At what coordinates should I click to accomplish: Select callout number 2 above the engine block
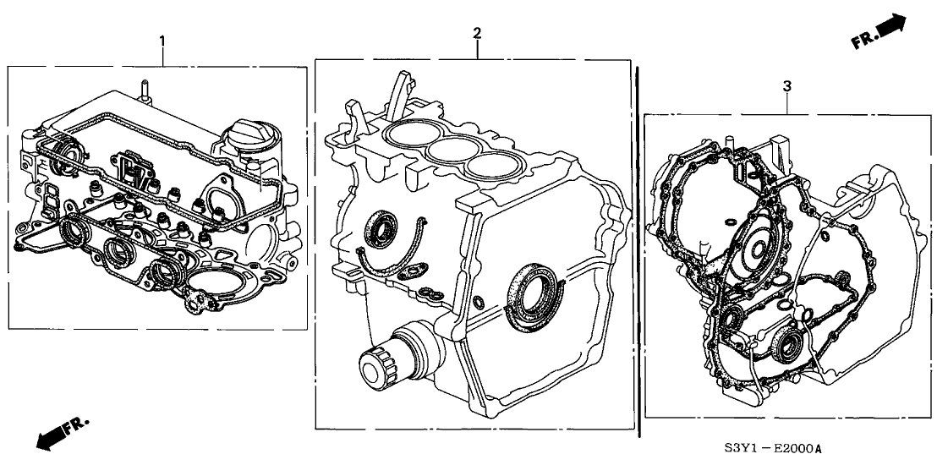pyautogui.click(x=477, y=33)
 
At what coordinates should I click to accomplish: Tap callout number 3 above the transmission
pyautogui.click(x=787, y=86)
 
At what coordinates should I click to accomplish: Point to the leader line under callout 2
pyautogui.click(x=477, y=50)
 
